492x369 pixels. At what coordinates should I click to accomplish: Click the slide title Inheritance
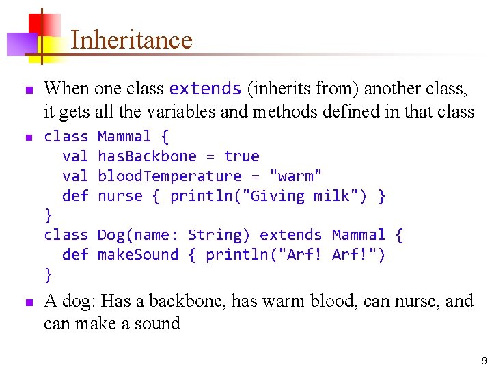(131, 40)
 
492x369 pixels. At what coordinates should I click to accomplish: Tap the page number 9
(484, 361)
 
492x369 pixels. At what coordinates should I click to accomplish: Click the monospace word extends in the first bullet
(205, 89)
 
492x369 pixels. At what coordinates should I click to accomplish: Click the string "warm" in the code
(296, 176)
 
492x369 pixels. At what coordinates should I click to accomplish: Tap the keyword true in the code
(242, 156)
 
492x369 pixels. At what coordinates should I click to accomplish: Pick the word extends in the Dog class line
(291, 235)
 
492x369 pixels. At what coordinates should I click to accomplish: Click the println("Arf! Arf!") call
(295, 255)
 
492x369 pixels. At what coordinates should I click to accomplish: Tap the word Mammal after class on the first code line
(124, 137)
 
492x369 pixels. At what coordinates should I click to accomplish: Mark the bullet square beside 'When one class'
(27, 90)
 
